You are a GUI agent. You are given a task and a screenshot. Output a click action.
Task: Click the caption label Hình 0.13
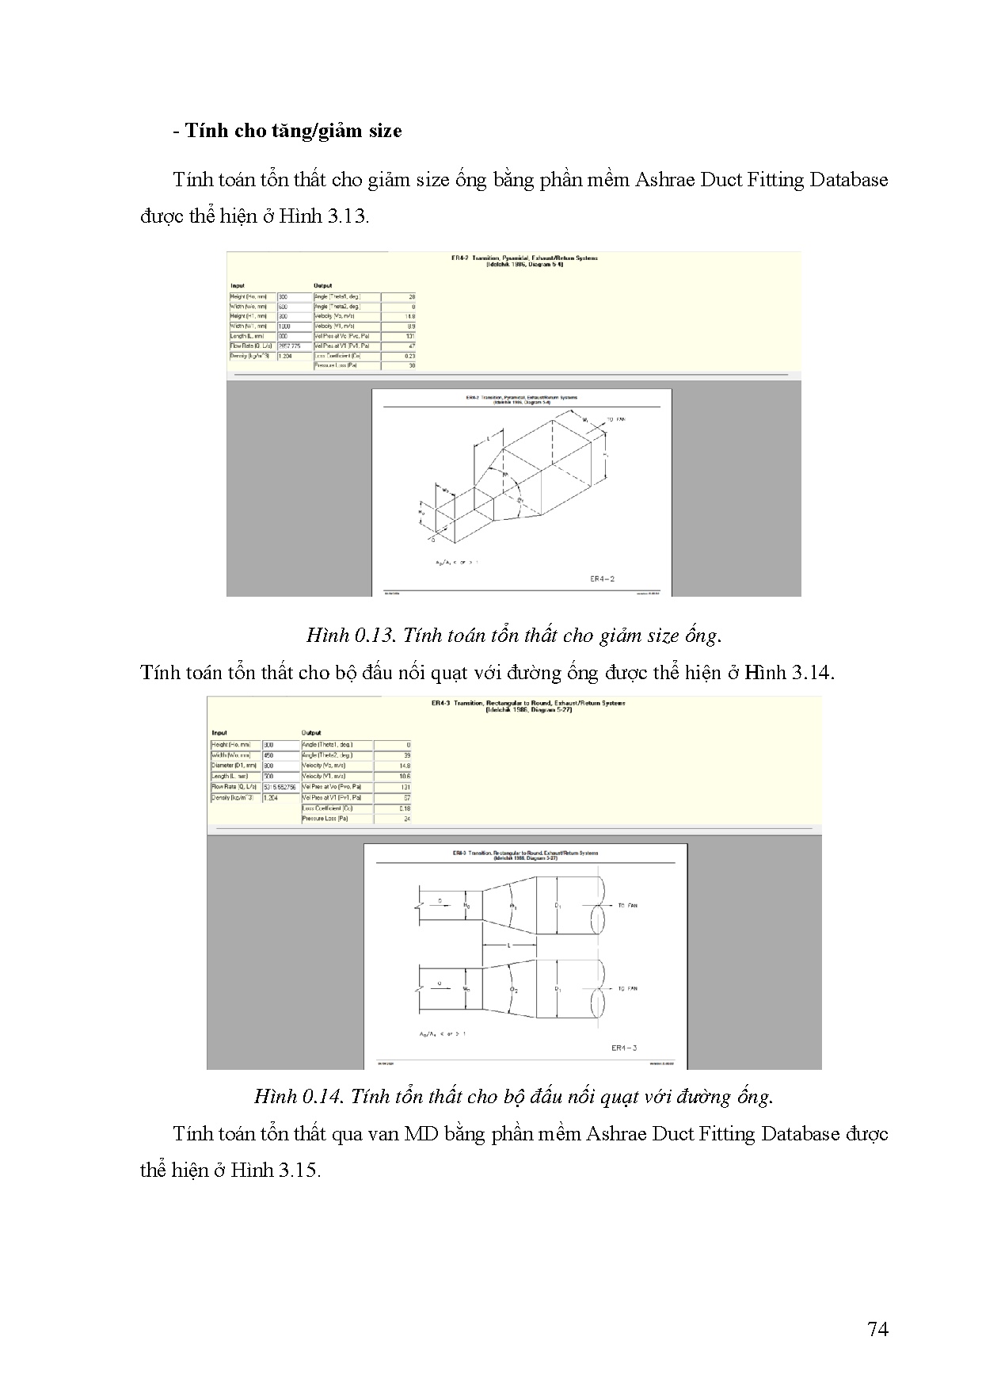[x=348, y=636]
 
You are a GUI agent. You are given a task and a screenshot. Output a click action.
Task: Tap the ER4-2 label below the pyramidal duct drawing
[x=602, y=579]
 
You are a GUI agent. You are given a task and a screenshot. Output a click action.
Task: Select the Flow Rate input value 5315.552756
[x=280, y=787]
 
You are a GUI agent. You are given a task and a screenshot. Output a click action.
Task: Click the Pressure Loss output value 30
[x=411, y=366]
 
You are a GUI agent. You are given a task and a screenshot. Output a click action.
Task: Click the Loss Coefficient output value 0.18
[x=405, y=808]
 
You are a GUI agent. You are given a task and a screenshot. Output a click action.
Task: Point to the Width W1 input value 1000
[x=284, y=326]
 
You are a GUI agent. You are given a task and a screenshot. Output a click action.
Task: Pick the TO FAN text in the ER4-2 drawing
[x=615, y=419]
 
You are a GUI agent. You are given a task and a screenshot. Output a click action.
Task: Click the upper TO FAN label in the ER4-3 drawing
[x=627, y=905]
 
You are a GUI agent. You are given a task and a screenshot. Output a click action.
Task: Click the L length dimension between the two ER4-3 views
[x=509, y=945]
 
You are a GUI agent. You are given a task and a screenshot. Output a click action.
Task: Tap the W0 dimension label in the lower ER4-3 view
[x=466, y=988]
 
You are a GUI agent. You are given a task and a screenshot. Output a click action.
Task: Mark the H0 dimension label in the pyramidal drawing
[x=421, y=513]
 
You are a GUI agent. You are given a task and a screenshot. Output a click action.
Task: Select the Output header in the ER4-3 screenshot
[x=311, y=733]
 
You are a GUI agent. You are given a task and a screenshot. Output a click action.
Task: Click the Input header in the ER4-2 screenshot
[x=238, y=286]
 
